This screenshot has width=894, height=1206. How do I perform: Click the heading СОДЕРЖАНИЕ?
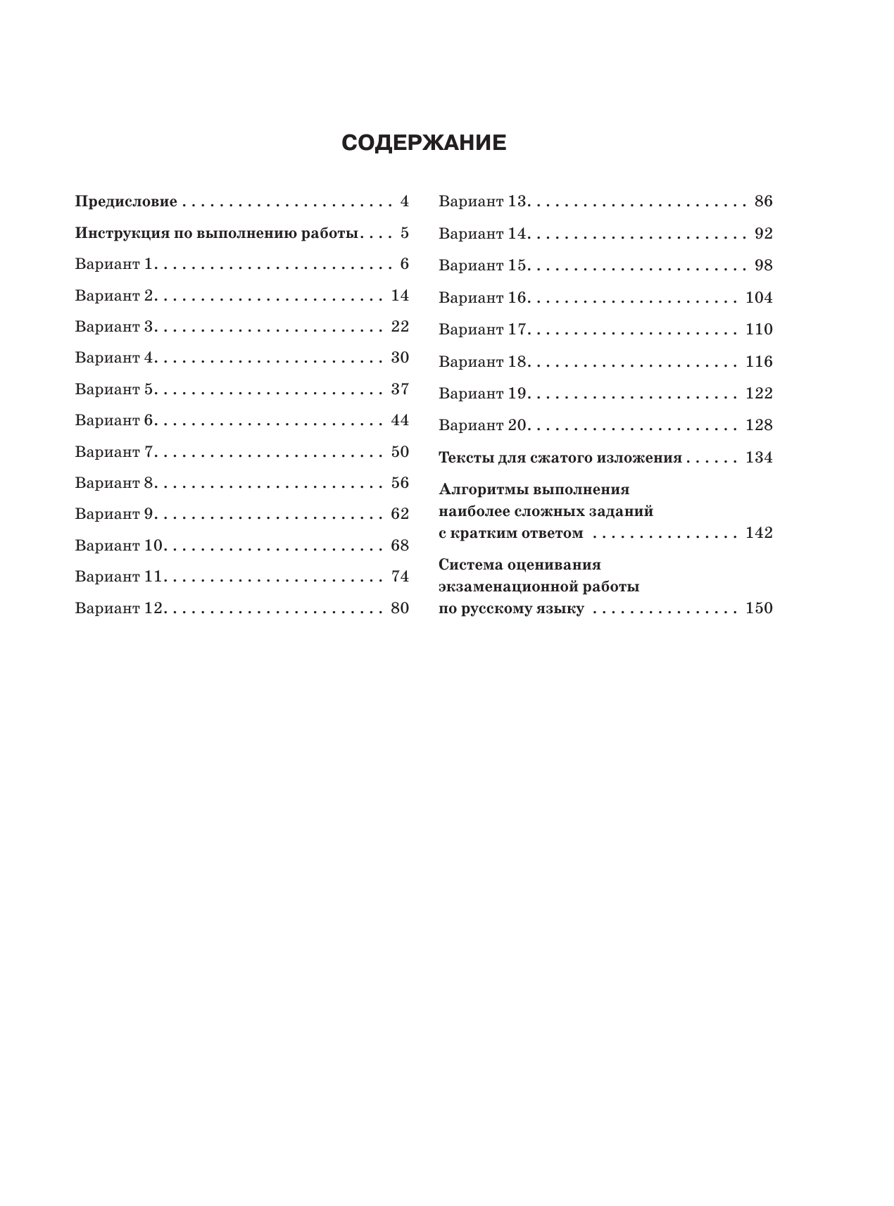424,143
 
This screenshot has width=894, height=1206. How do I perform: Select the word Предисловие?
126,202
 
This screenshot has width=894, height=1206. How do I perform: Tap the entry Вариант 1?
114,265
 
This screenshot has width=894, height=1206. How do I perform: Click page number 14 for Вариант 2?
400,296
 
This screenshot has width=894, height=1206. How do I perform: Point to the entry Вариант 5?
114,389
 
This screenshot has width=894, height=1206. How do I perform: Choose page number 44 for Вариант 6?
400,420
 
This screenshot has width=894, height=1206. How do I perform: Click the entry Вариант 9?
114,514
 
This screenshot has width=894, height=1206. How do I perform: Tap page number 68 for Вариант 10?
400,546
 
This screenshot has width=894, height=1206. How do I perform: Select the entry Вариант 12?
118,608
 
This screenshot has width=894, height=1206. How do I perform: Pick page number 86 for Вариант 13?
763,201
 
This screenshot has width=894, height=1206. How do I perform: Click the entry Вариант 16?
483,298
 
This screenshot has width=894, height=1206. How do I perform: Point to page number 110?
759,329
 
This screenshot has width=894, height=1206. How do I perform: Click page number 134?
759,458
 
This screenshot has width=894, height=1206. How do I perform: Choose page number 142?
759,533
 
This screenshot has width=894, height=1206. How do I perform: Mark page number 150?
759,608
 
